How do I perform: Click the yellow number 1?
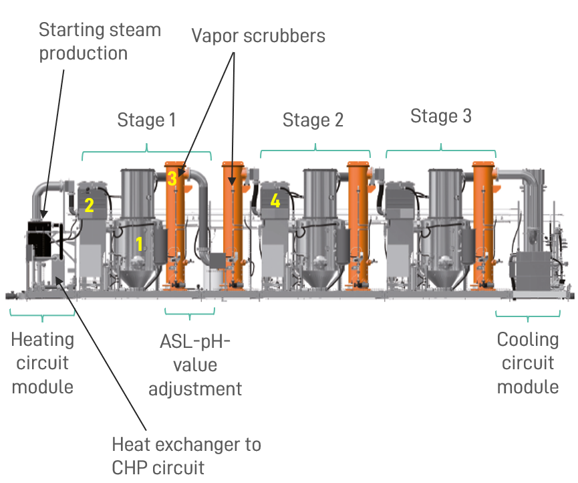[x=140, y=244]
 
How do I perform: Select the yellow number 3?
[x=172, y=179]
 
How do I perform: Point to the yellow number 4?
[x=275, y=200]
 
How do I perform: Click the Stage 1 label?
[x=146, y=120]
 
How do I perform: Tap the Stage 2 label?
[x=313, y=120]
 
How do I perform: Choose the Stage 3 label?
[x=440, y=116]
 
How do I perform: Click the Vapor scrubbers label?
[x=259, y=35]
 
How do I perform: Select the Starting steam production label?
[x=100, y=41]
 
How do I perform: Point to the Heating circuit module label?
[x=42, y=363]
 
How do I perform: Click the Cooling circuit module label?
[x=528, y=363]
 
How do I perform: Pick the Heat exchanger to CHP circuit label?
[x=186, y=454]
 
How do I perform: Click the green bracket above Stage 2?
[x=315, y=149]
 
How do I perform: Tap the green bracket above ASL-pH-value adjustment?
[x=190, y=312]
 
